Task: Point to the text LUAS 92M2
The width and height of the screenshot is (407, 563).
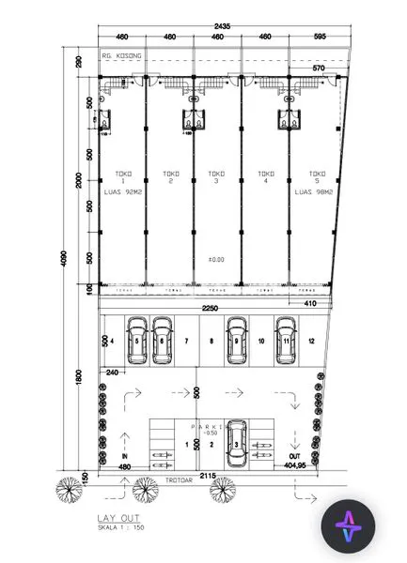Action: pyautogui.click(x=122, y=192)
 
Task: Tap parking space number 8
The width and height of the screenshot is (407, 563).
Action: pyautogui.click(x=211, y=342)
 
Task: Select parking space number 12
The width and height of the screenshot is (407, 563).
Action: pyautogui.click(x=309, y=342)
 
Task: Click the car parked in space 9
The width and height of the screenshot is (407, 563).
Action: pyautogui.click(x=236, y=336)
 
